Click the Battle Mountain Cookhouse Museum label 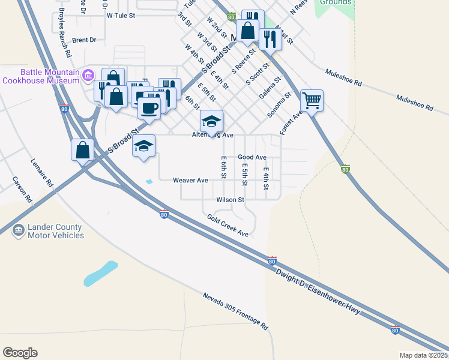point(41,76)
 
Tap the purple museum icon point(88,75)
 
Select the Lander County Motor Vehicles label point(56,231)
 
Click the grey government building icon point(18,230)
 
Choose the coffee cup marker point(149,108)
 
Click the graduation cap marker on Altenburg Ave point(211,121)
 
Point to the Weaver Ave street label point(190,180)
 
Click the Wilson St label point(232,200)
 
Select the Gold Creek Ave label point(228,225)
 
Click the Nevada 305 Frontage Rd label point(235,312)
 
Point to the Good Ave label point(252,157)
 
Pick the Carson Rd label point(21,190)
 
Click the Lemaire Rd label point(43,172)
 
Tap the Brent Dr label point(84,40)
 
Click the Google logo point(20,353)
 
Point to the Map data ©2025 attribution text point(424,355)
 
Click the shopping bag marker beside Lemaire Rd point(82,150)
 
